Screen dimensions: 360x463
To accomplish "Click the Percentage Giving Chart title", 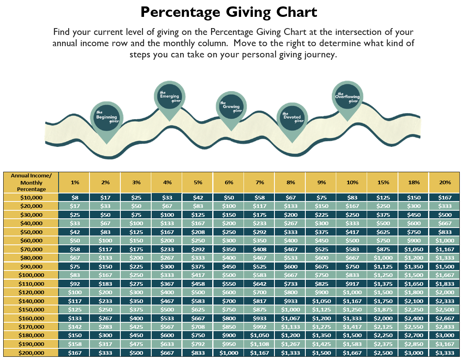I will coord(229,12).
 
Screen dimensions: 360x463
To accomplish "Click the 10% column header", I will coord(352,182).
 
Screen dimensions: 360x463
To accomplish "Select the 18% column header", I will coord(414,182).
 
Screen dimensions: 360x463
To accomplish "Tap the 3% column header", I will coord(136,182).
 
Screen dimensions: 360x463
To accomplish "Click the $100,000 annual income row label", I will coord(31,275).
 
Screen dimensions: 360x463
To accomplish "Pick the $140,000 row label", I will coord(31,301).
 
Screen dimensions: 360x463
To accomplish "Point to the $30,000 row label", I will coord(31,215).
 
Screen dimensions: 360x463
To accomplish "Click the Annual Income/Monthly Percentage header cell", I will coord(31,182).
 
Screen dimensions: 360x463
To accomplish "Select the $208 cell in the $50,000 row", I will coord(198,232).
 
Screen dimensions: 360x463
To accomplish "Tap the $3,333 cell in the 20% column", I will coord(445,353).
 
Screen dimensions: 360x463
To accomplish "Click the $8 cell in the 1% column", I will coord(75,197).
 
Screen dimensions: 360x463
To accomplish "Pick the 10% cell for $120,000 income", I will coord(352,293).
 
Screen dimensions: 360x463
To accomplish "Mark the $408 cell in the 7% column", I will coord(260,249).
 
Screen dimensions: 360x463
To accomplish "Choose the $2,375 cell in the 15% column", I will coord(383,344).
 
